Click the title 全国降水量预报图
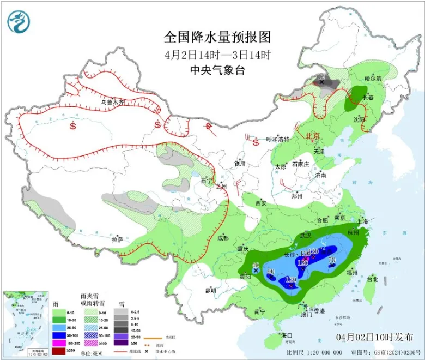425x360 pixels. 217,37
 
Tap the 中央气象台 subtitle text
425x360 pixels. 217,70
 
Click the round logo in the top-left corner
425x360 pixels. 19,21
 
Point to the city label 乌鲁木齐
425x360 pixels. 112,102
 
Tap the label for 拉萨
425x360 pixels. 117,239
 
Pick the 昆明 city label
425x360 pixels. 210,290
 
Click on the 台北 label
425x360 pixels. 372,279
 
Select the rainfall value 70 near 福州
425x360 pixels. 331,260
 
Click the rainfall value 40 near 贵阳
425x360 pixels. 256,265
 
